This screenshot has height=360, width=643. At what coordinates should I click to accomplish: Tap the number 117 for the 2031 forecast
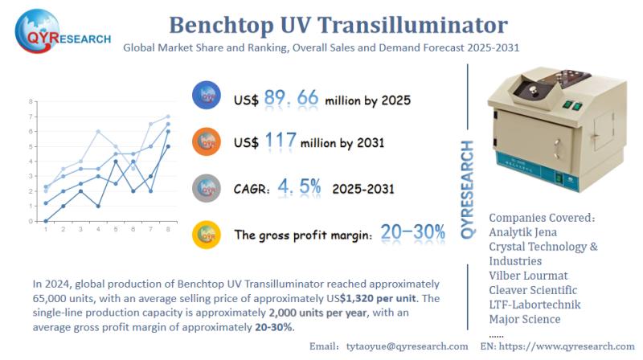tap(281, 142)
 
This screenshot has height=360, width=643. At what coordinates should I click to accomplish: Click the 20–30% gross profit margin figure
tap(413, 234)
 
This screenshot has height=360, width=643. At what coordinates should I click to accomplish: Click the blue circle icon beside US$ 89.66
tap(207, 96)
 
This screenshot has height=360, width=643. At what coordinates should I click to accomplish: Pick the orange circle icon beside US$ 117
tap(207, 142)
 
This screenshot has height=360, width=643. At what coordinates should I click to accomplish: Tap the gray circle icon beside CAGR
tap(207, 189)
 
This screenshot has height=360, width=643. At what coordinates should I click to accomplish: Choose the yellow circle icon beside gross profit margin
tap(207, 235)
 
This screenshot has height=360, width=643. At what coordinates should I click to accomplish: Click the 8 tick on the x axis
tap(168, 229)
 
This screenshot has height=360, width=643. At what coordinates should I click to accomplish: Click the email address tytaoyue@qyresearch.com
tap(408, 346)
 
